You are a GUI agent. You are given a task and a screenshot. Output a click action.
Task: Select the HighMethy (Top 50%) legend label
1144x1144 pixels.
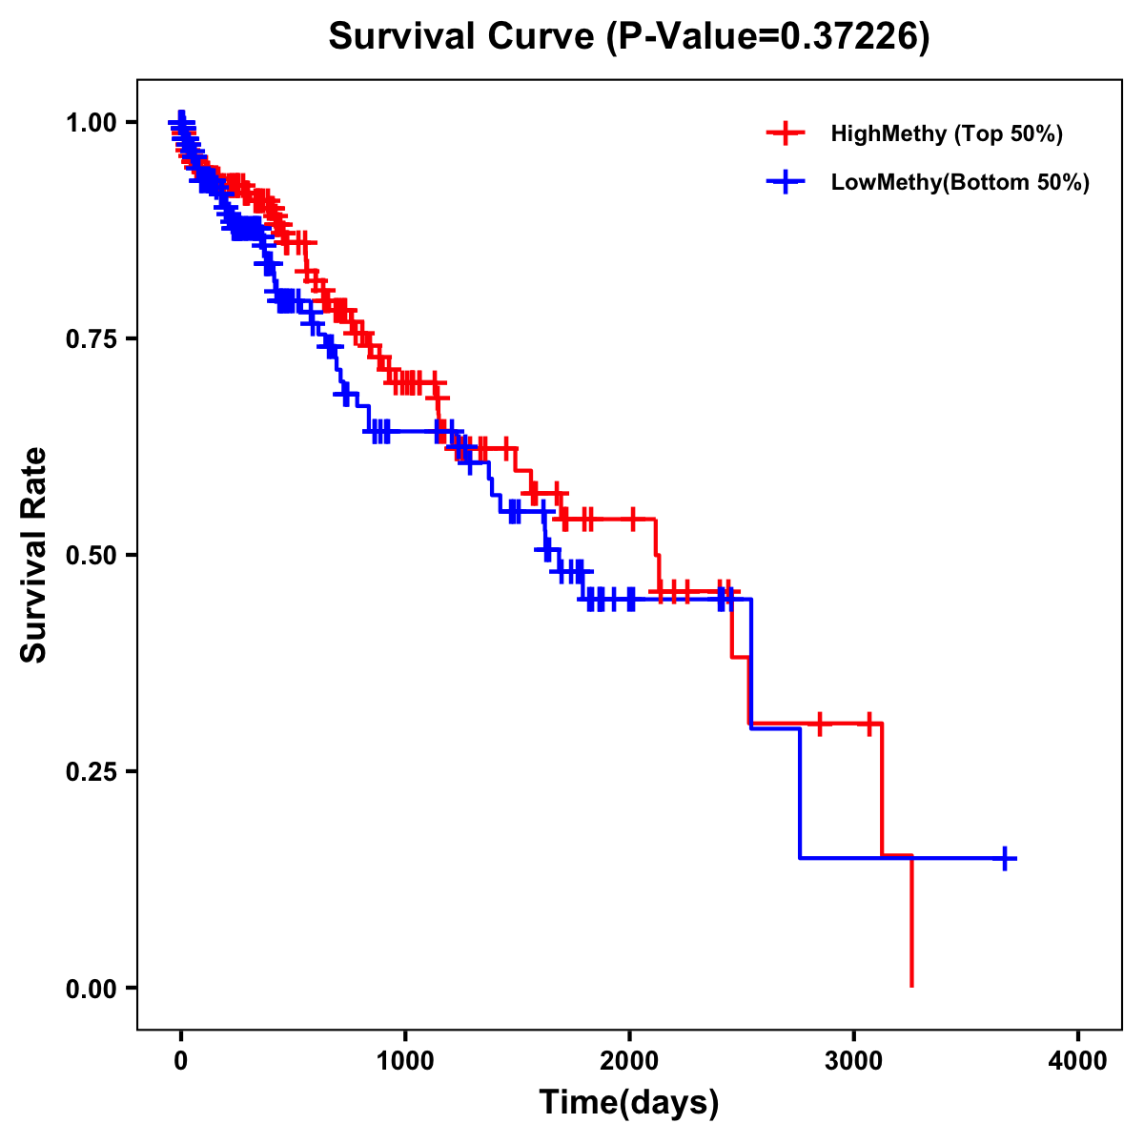pos(946,133)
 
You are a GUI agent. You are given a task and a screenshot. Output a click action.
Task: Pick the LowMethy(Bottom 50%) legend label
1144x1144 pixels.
pos(960,182)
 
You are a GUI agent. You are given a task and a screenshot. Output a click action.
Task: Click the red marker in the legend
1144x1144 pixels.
pos(786,133)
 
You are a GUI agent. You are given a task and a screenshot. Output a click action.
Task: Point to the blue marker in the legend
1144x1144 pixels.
pos(786,182)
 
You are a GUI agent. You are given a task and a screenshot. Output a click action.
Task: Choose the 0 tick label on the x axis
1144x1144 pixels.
pos(181,1060)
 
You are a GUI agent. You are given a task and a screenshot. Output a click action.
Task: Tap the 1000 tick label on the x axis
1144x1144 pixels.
pos(405,1060)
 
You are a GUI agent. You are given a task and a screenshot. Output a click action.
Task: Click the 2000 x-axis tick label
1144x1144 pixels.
pos(629,1060)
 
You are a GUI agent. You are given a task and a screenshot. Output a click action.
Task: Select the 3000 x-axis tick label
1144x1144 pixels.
pos(854,1060)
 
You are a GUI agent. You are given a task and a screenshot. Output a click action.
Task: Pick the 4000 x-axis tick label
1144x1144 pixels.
pos(1078,1060)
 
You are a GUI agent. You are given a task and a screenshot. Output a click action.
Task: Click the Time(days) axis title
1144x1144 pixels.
pos(629,1103)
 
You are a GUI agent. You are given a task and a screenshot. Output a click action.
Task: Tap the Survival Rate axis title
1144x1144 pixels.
pos(34,555)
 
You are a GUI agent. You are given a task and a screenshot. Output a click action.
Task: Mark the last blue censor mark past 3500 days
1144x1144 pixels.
pos(1005,858)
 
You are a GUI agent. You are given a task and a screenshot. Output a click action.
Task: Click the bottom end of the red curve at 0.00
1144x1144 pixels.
pos(912,985)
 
